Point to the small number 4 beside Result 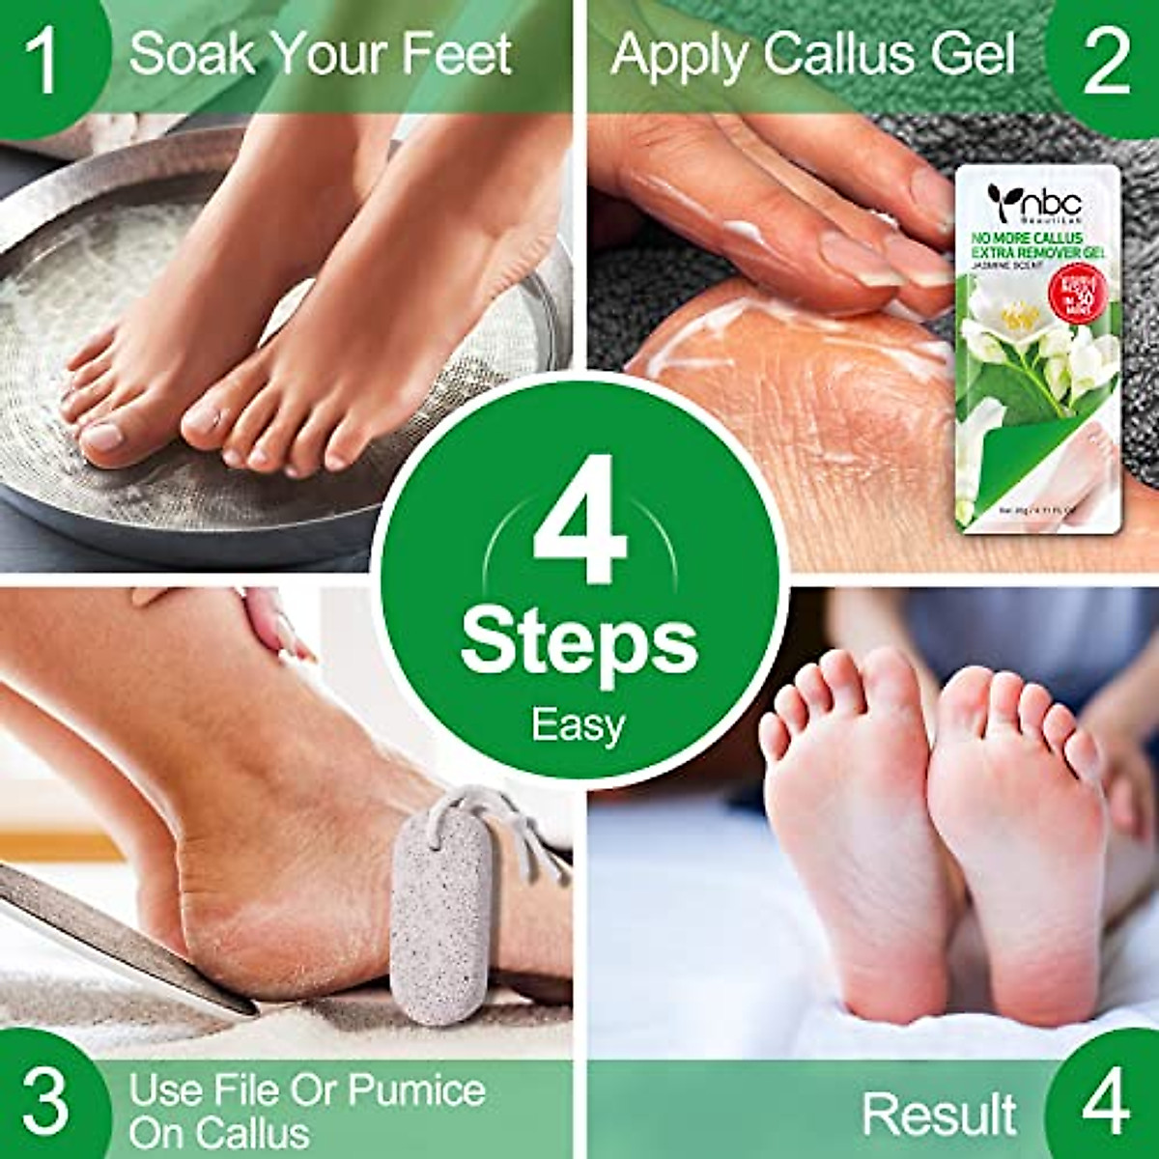[x=1105, y=1101]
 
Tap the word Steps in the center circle [x=579, y=642]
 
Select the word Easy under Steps [x=579, y=723]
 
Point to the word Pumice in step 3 [x=416, y=1089]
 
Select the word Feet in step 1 [x=459, y=54]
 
